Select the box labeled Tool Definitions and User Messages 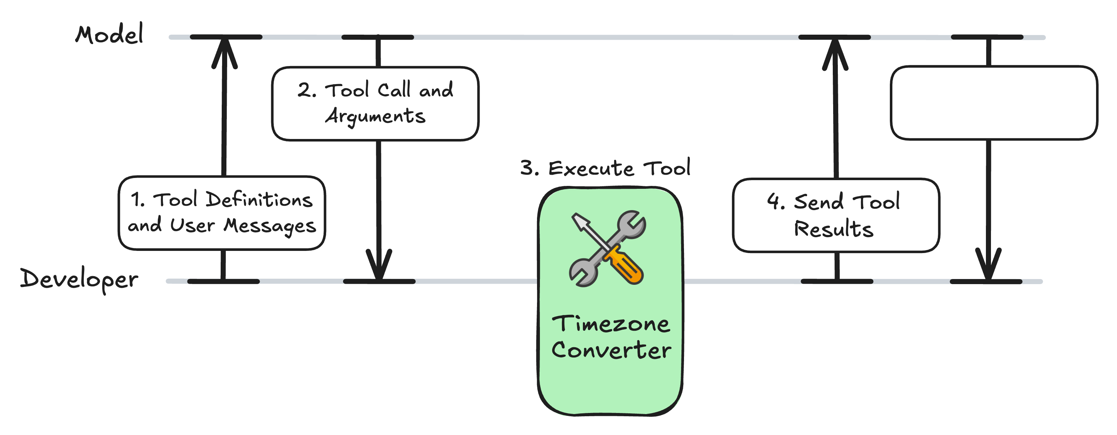tap(222, 213)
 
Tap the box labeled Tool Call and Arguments tap(375, 104)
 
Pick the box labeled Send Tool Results tap(836, 215)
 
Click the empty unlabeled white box tap(994, 103)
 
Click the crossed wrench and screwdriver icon tap(607, 248)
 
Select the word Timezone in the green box tap(611, 324)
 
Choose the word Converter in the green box tap(611, 350)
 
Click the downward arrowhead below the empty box tap(988, 264)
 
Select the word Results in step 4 tap(834, 229)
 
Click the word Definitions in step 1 tap(259, 200)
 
